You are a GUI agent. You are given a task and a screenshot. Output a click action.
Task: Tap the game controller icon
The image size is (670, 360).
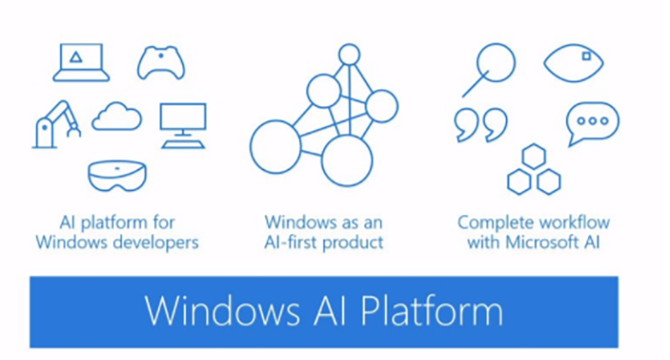coord(161,62)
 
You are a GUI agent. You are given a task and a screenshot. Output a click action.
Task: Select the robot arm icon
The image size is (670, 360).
coord(55,124)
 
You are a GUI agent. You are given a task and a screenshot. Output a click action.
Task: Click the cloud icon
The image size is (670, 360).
coord(116,117)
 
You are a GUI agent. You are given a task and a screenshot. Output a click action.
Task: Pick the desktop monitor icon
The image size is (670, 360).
coord(183,124)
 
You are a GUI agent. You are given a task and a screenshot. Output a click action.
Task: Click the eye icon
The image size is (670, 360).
coord(574,61)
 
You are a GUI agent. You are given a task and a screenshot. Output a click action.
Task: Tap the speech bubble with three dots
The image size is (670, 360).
coord(592,122)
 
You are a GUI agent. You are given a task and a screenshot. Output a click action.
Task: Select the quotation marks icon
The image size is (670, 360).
coord(480,124)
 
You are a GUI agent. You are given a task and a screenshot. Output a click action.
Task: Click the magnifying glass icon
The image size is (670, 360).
coord(491,67)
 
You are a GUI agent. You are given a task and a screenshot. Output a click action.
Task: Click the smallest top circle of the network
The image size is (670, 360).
coord(349,55)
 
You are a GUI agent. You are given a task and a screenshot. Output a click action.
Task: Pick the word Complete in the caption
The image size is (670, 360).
coord(490,223)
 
